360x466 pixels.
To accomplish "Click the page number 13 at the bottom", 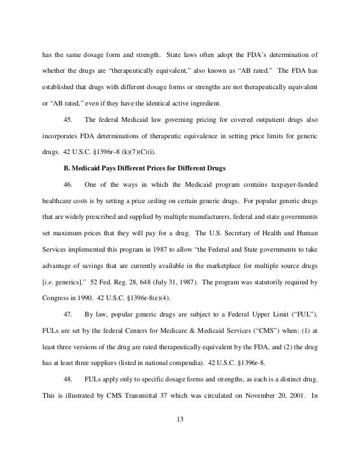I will tap(180, 419).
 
